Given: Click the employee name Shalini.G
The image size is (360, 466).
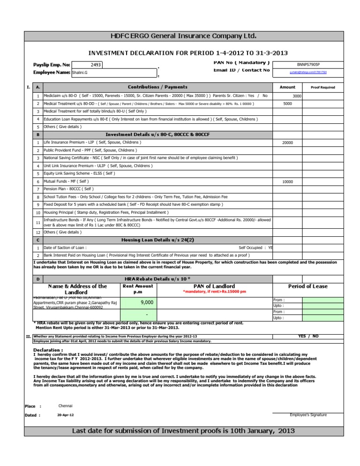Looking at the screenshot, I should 81,73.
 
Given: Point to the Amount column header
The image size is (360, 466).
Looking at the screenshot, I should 287,87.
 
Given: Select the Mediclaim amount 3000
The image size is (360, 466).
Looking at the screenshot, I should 297,96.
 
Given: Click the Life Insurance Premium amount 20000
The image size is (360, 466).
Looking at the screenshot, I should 287,143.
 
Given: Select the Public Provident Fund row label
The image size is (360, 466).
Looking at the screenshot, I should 90,150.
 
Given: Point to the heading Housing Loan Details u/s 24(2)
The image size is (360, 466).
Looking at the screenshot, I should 157,240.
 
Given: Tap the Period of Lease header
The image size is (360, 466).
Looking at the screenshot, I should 307,286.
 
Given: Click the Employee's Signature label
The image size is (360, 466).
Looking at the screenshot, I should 308,415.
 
